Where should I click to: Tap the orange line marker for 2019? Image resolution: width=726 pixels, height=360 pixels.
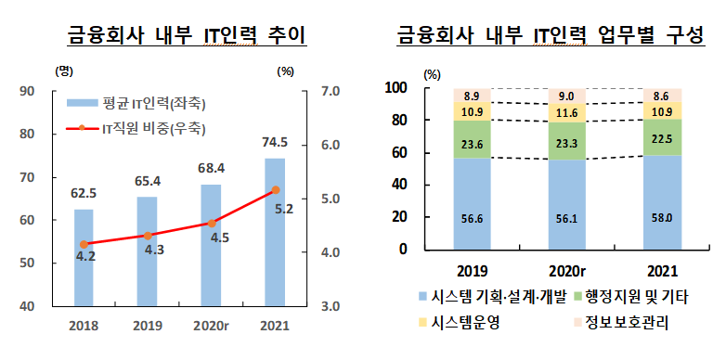(x=147, y=236)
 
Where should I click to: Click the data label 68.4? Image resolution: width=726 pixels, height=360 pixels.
(x=210, y=169)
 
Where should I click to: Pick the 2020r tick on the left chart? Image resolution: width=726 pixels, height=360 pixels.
(x=210, y=326)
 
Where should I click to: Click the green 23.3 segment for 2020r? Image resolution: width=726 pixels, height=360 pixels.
(x=566, y=141)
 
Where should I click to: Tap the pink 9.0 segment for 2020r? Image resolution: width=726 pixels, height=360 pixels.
(x=566, y=96)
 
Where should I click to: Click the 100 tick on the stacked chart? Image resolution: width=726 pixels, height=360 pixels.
(x=396, y=88)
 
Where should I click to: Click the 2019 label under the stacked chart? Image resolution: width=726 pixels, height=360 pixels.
(x=471, y=273)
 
